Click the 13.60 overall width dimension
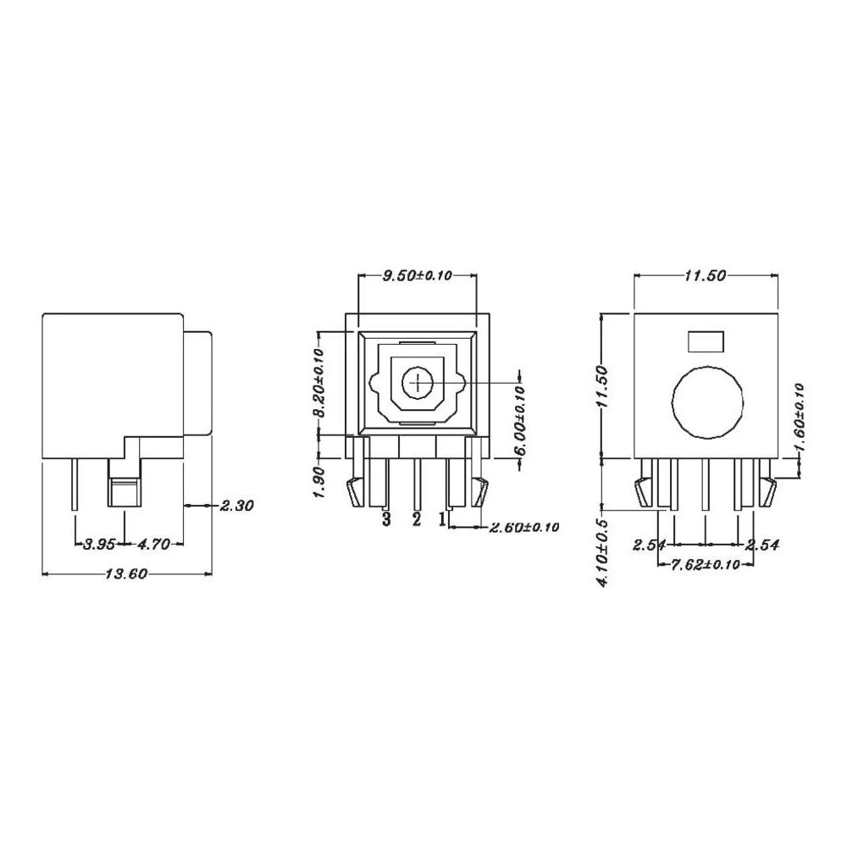click(127, 574)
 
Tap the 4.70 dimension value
click(152, 544)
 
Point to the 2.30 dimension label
click(237, 506)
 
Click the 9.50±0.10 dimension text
click(418, 275)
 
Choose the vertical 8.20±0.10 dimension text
click(319, 382)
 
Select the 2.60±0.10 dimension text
click(524, 528)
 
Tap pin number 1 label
click(442, 518)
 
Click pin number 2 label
click(416, 518)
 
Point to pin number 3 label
click(386, 518)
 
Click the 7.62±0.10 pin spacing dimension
click(706, 565)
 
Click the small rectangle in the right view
click(706, 341)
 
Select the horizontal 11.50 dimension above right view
click(706, 275)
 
